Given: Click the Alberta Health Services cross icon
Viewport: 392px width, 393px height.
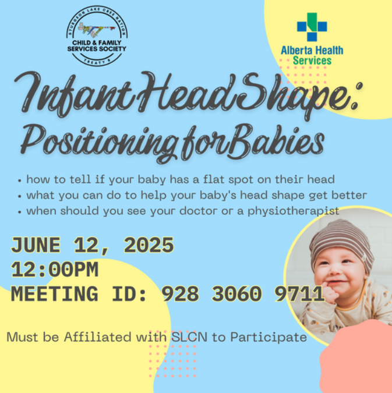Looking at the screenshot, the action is pos(312,27).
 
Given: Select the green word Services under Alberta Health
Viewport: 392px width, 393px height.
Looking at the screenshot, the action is pos(312,61).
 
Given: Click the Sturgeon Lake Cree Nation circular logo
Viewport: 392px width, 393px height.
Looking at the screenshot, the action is pos(97,36).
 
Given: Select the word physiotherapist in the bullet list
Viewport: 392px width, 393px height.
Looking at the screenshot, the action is pos(294,211).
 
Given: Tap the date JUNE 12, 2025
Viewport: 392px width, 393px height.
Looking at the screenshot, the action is pos(92,245).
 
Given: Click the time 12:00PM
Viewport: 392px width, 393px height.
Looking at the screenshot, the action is pos(54,270).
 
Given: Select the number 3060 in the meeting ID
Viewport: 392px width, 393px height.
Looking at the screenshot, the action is pos(236,294).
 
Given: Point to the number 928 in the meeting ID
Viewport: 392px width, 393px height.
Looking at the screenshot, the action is pos(181,294).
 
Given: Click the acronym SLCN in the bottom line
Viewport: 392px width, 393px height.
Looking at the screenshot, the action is pos(189,337).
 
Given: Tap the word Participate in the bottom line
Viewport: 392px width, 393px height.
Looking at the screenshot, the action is pos(269,338).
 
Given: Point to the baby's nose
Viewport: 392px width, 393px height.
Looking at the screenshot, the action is pos(335,270).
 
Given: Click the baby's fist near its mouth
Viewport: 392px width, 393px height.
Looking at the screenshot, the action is pos(329,294).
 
